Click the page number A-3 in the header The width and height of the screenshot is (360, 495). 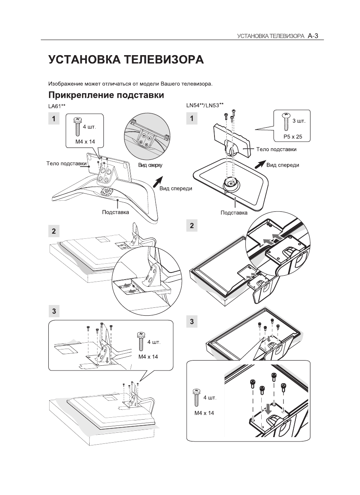click(313, 36)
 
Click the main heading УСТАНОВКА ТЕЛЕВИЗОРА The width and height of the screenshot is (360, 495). click(126, 59)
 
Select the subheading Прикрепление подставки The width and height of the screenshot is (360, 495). click(106, 95)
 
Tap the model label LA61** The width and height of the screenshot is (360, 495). click(57, 106)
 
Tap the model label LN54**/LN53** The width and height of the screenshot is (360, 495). click(205, 105)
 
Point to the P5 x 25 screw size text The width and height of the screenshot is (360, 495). click(293, 136)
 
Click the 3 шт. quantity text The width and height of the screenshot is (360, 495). click(299, 121)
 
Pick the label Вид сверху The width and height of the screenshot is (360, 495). click(150, 165)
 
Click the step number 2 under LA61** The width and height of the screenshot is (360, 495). click(54, 231)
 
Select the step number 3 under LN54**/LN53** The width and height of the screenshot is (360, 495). click(192, 322)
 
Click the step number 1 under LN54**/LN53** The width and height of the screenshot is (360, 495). click(192, 119)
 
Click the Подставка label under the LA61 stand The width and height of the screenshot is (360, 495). click(115, 212)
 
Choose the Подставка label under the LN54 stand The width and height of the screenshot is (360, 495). click(234, 213)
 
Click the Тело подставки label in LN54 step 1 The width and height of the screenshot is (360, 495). click(276, 149)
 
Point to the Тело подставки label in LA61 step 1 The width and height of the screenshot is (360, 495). click(67, 163)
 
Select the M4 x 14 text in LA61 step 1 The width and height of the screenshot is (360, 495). click(85, 142)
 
